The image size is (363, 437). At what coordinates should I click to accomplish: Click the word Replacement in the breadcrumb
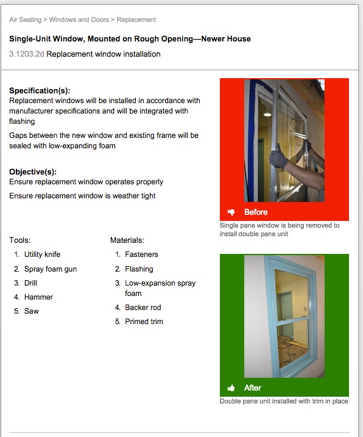[x=136, y=20]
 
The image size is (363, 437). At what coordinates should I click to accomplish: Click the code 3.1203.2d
[x=26, y=54]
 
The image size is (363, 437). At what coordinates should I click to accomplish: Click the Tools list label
[x=20, y=240]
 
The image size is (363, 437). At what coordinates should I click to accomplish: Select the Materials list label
[x=127, y=240]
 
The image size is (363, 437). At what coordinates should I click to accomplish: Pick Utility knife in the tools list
[x=42, y=255]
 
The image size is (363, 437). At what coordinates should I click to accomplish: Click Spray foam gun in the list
[x=51, y=269]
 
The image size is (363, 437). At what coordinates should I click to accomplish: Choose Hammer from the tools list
[x=38, y=297]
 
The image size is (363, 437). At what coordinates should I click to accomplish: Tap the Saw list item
[x=32, y=311]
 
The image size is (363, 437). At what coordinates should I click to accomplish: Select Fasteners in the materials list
[x=141, y=255]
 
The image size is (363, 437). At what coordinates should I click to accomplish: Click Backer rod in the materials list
[x=143, y=307]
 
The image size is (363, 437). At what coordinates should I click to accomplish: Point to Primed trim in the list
[x=144, y=321]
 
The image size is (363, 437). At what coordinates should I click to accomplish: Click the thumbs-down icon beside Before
[x=231, y=212]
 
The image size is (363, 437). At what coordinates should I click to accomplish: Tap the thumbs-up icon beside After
[x=231, y=388]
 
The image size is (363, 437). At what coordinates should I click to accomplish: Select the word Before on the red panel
[x=256, y=212]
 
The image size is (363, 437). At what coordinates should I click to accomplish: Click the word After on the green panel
[x=253, y=388]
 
